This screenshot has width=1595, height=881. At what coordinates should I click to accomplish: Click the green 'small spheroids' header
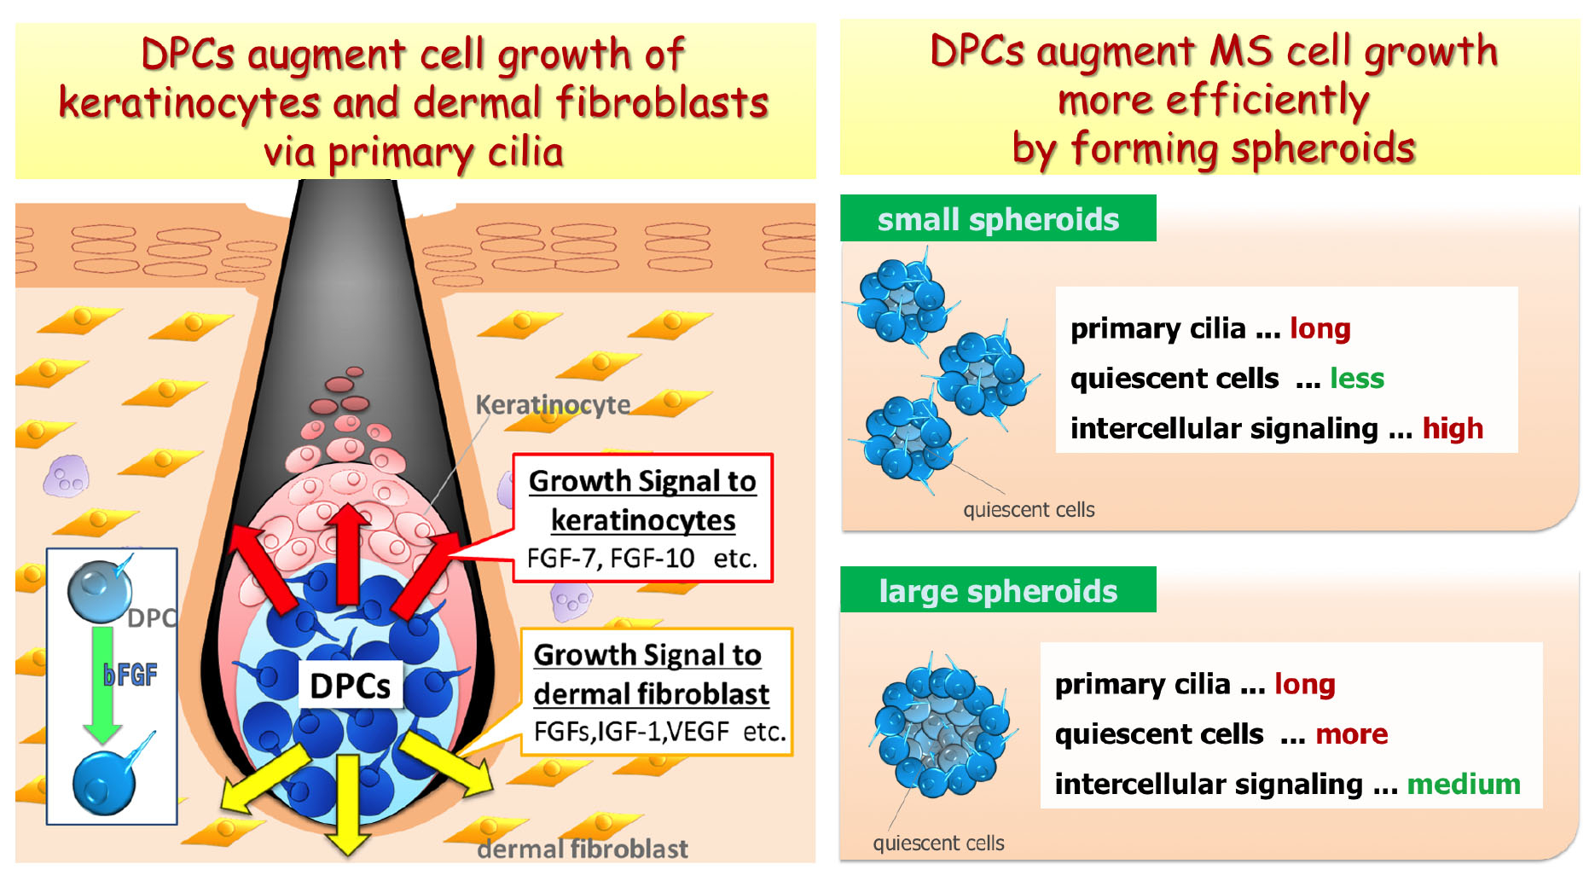point(998,218)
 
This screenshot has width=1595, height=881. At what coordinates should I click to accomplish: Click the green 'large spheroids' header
point(998,590)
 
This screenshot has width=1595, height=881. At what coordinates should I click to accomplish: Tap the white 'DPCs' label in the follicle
point(350,686)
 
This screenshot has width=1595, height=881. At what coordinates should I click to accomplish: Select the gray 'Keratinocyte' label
point(553,404)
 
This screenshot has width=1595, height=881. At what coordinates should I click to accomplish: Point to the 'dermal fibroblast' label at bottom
point(583,849)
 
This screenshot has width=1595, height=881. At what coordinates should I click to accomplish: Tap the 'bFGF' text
point(130,675)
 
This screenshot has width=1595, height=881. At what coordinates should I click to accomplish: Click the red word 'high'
point(1453,428)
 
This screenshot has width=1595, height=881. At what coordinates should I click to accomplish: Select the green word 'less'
point(1357,378)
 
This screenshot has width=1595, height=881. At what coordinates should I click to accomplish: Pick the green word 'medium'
point(1464,784)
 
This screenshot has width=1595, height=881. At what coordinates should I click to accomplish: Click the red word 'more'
point(1352,734)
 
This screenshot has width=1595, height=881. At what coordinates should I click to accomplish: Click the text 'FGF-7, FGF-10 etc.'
point(642,558)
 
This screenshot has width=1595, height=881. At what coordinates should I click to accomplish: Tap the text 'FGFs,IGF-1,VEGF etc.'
point(659,732)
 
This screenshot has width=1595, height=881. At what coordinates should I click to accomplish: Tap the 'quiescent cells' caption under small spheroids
point(1029,509)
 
